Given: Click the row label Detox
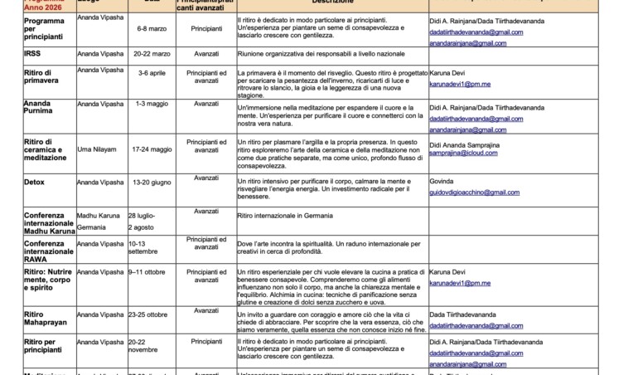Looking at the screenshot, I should (x=36, y=182).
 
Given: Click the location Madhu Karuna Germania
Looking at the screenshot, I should (x=98, y=221).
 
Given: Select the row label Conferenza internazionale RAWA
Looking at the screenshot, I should (x=49, y=251).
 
